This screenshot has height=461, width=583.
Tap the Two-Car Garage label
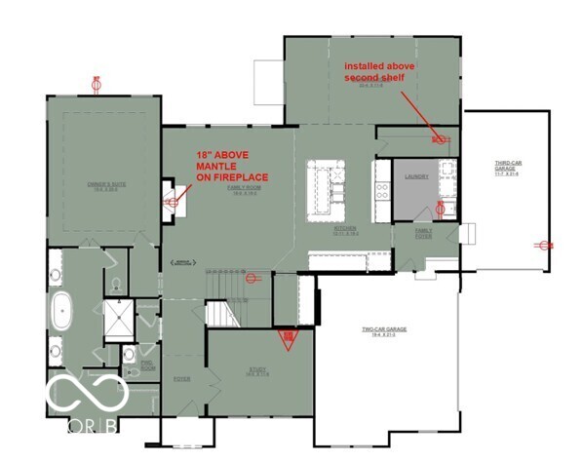click(x=384, y=330)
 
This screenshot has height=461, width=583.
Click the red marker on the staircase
click(x=253, y=278)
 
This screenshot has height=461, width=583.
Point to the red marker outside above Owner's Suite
click(x=96, y=84)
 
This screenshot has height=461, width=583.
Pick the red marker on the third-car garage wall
click(x=539, y=245)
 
